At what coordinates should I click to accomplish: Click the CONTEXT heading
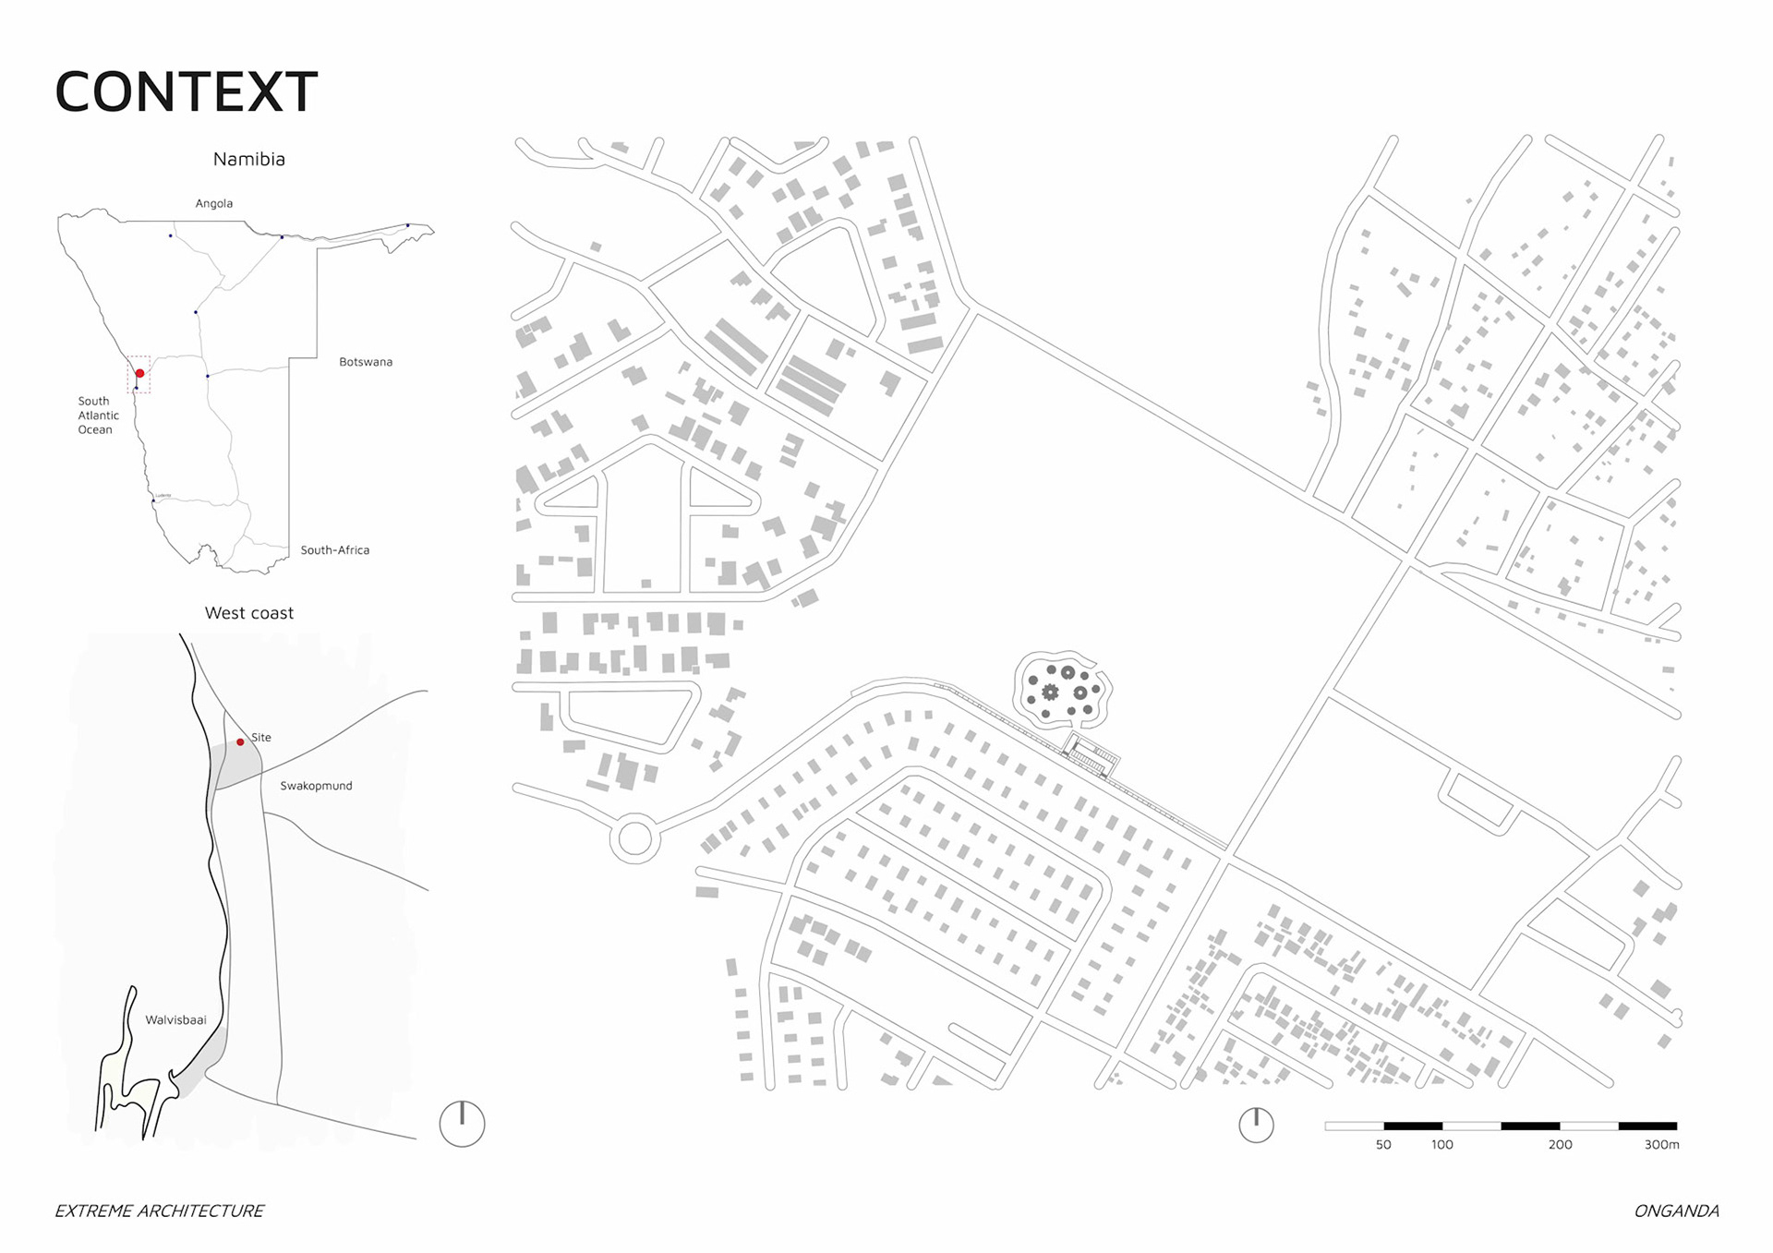point(187,91)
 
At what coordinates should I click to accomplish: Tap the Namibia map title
point(249,159)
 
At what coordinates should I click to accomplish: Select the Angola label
point(213,203)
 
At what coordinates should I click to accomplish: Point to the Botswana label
point(366,362)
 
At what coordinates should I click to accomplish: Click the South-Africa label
point(334,550)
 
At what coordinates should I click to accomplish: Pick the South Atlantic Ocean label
point(98,416)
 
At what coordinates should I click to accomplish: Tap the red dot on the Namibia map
point(139,373)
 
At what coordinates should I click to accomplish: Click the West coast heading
point(249,613)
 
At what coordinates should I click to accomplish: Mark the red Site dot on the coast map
point(240,741)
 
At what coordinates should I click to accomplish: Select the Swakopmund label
point(316,786)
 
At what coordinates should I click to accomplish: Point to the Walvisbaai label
point(175,1020)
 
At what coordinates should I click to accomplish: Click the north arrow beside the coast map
point(462,1124)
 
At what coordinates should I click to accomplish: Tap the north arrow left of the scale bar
point(1256,1125)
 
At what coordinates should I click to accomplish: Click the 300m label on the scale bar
point(1661,1145)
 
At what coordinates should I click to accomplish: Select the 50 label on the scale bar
point(1383,1145)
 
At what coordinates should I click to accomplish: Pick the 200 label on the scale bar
point(1560,1145)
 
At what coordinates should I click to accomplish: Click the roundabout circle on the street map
point(634,838)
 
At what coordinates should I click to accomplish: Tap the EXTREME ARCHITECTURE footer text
point(159,1211)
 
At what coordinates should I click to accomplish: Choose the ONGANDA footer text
point(1676,1211)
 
